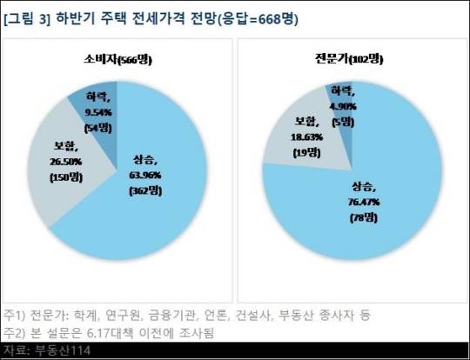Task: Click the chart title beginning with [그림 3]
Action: (x=151, y=19)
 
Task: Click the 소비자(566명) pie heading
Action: (x=117, y=60)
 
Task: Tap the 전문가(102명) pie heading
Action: (x=349, y=59)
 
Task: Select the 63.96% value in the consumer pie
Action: (x=145, y=175)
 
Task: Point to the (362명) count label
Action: (x=145, y=190)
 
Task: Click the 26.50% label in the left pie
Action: (x=66, y=162)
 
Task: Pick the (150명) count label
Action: (x=66, y=177)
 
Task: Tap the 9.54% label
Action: (x=98, y=113)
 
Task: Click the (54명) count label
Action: (x=97, y=128)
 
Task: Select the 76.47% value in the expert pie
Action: (x=364, y=202)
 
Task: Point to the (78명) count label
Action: (x=364, y=217)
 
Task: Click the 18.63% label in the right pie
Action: (x=306, y=137)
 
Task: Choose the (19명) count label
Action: (x=306, y=153)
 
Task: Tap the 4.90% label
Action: (x=343, y=106)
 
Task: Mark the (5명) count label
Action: (x=343, y=122)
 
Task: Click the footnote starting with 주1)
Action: (x=187, y=315)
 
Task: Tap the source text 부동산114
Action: (x=63, y=350)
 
